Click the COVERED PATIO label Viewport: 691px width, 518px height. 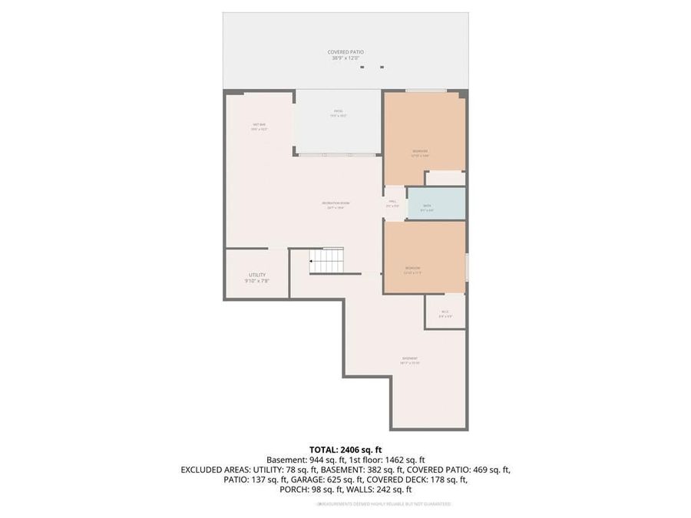345,52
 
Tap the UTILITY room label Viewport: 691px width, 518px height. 256,275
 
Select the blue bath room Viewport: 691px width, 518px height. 436,204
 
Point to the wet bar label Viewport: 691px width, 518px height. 259,125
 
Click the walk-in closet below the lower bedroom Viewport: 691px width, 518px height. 445,312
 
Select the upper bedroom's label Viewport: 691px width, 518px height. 420,151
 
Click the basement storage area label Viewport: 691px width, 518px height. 410,359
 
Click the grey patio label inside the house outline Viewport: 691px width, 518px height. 338,113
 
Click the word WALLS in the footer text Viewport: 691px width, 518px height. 359,490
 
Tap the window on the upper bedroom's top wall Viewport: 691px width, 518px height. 427,91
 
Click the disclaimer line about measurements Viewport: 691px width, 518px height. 384,504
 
